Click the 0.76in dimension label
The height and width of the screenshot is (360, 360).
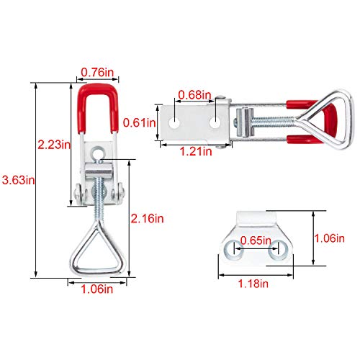tap(97, 72)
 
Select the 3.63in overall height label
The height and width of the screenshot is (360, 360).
tap(19, 180)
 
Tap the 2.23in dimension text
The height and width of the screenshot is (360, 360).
tap(54, 145)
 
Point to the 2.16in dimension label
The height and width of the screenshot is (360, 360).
tap(147, 218)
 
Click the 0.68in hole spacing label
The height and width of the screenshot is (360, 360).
tap(194, 95)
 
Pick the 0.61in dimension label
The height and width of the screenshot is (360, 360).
tap(139, 122)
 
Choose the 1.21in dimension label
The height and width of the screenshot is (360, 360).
tap(196, 151)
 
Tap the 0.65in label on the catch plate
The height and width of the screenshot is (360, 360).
tap(256, 240)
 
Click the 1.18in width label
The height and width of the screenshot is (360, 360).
tap(253, 284)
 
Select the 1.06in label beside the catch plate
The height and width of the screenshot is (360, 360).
tap(330, 238)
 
